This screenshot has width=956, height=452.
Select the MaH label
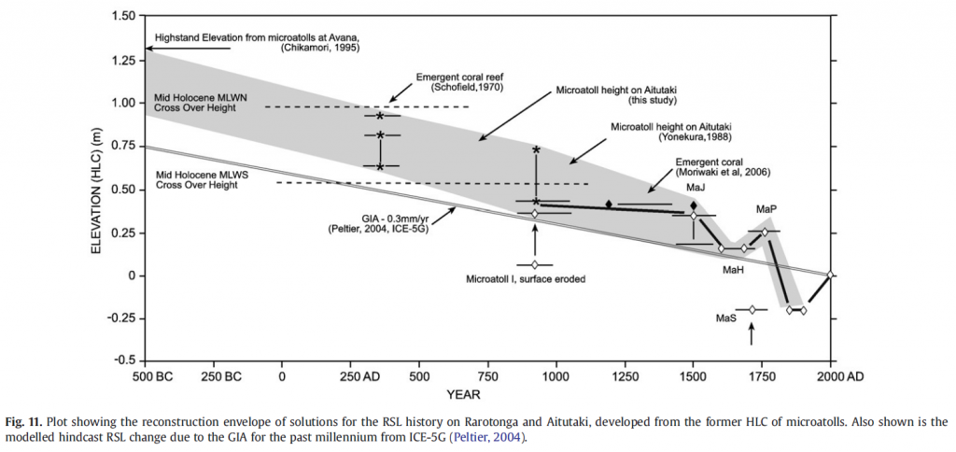[732, 270]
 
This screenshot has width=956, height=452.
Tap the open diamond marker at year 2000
[830, 275]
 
